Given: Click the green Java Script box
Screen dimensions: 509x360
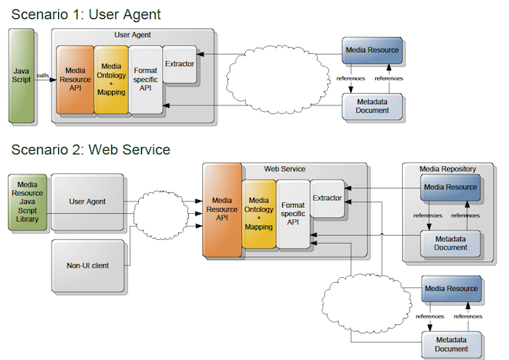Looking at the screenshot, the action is pos(21,76).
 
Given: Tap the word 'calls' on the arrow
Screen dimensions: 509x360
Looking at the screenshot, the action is pos(42,76).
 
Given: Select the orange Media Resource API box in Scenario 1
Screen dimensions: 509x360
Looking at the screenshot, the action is pos(75,79).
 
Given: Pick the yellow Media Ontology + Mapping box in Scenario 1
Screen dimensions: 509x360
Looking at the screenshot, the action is pos(111,79).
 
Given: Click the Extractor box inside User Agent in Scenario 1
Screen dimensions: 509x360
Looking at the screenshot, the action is pos(180,64).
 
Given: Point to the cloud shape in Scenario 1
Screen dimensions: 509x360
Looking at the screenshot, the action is pos(278,79).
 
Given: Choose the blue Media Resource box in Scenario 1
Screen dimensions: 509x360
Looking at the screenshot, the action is pos(372,50).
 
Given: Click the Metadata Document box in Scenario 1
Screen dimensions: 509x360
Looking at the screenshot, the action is pos(372,106).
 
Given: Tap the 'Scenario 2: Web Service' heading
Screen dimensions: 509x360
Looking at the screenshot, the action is pos(91,150).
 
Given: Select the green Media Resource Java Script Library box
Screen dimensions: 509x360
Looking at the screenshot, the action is pos(28,202).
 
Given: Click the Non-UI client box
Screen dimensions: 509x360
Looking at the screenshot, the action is pos(88,266).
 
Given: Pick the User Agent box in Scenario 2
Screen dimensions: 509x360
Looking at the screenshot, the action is pos(87,201).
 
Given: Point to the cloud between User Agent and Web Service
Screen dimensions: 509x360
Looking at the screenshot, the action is pos(161,215).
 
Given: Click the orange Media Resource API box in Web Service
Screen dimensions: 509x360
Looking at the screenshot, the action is pos(222,209).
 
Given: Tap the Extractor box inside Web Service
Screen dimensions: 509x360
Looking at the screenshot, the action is pos(327,198).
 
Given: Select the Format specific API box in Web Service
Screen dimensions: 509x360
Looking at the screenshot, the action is pos(293,214).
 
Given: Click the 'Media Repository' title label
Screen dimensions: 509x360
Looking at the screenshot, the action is pos(448,169).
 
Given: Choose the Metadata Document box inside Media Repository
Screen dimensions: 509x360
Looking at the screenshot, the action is pos(450,244).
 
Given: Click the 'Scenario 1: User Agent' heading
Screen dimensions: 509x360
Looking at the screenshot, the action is pos(86,15).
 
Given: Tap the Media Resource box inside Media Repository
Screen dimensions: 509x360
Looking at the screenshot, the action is pos(450,188).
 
